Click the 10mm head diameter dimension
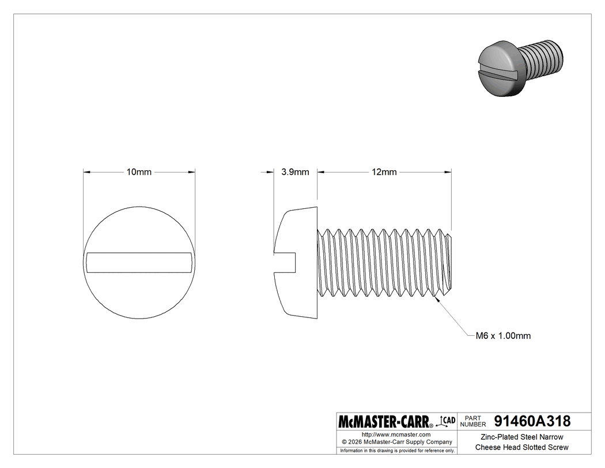(139, 172)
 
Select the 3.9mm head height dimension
(295, 172)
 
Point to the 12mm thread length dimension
(384, 172)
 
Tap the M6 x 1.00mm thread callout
(502, 336)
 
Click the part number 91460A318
(532, 421)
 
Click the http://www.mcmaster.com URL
(396, 434)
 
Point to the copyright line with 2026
(396, 442)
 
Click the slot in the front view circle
(139, 263)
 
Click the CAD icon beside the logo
(447, 421)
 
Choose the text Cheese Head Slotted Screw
(521, 447)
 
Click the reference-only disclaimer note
(397, 450)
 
